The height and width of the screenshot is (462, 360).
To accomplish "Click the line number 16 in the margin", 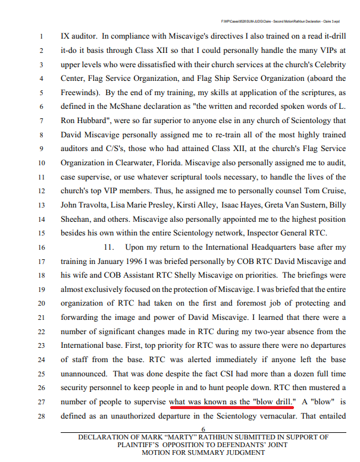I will (41, 246).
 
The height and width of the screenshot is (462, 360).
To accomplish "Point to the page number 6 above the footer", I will (204, 429).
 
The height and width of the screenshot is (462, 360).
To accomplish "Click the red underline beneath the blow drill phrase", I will (231, 408).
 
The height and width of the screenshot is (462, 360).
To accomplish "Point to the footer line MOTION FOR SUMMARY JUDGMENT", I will (204, 452).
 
